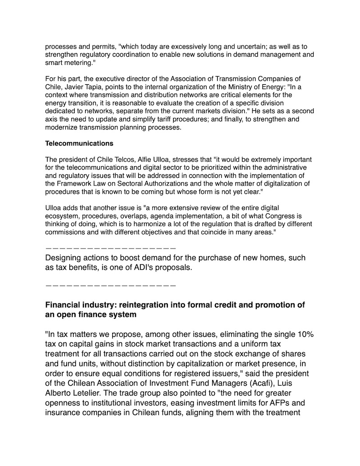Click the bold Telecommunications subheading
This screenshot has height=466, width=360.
tap(79, 144)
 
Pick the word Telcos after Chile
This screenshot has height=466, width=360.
tap(120, 159)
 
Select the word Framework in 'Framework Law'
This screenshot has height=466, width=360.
tap(75, 184)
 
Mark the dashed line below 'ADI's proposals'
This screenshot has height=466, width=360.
tap(110, 285)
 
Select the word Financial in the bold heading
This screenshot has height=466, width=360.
tap(64, 305)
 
